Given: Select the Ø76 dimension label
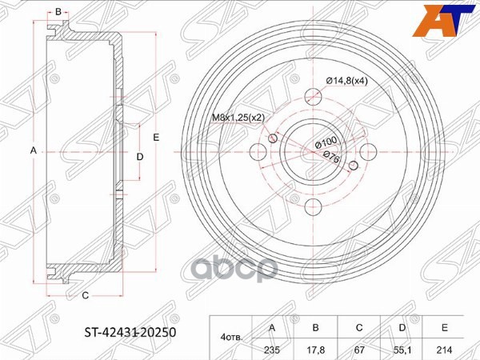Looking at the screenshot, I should pyautogui.click(x=332, y=158).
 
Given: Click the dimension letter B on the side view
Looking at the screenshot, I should pyautogui.click(x=58, y=12).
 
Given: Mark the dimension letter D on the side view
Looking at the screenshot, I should pyautogui.click(x=140, y=157).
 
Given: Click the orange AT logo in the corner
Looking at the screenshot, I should pyautogui.click(x=450, y=17).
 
